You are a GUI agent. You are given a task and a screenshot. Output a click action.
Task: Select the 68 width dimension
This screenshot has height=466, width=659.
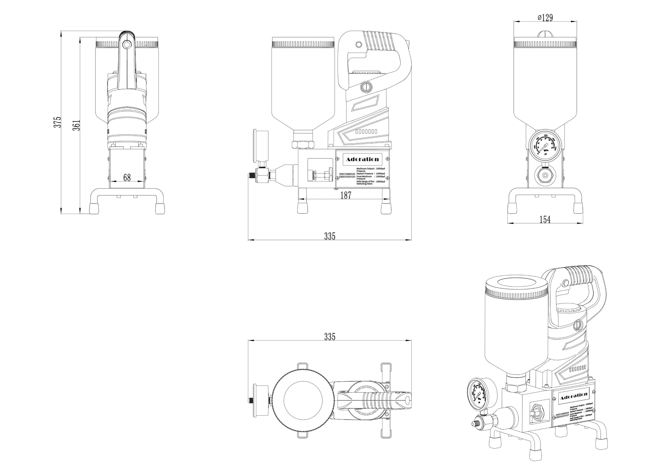click(x=127, y=177)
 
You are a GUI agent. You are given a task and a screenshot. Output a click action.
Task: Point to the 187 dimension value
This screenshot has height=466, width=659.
click(x=345, y=195)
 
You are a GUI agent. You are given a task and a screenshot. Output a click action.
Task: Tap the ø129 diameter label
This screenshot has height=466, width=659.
click(x=545, y=18)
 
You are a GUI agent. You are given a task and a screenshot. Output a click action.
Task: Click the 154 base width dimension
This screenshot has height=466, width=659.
click(x=545, y=220)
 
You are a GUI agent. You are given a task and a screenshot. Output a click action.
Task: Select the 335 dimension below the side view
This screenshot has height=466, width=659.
click(x=329, y=236)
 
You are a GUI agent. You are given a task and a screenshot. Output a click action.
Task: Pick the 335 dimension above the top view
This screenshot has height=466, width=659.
click(x=329, y=337)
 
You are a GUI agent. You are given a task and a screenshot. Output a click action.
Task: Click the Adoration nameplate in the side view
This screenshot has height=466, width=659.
click(x=362, y=159)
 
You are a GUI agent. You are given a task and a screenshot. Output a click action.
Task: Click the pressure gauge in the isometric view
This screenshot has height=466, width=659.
click(x=477, y=394)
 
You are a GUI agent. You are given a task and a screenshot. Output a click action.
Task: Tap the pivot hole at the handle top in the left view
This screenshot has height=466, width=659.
click(x=127, y=44)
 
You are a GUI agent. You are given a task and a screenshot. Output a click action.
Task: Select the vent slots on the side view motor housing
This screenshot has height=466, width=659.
click(x=366, y=131)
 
